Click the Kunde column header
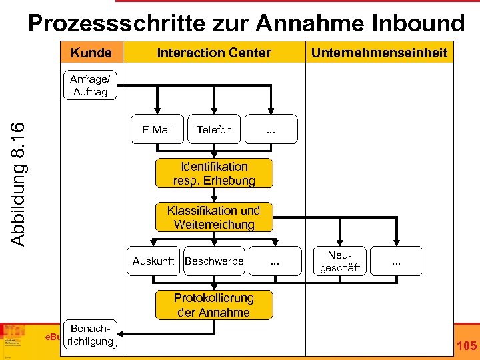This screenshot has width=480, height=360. (91, 53)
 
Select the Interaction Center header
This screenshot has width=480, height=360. (214, 53)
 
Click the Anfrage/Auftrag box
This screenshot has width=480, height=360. (90, 86)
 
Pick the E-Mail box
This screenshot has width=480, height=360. (157, 129)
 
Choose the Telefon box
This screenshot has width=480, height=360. (214, 129)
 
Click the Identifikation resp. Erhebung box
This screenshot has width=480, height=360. (214, 173)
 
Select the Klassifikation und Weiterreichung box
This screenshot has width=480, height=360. (214, 217)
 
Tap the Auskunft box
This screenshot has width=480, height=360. (153, 261)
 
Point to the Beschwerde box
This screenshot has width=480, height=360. (214, 261)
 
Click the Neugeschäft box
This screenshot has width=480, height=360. (345, 261)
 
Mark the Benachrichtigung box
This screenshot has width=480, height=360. (91, 335)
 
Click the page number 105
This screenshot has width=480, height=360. (466, 345)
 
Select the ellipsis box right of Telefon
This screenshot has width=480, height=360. (271, 129)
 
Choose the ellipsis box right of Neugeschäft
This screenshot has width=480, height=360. (397, 261)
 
